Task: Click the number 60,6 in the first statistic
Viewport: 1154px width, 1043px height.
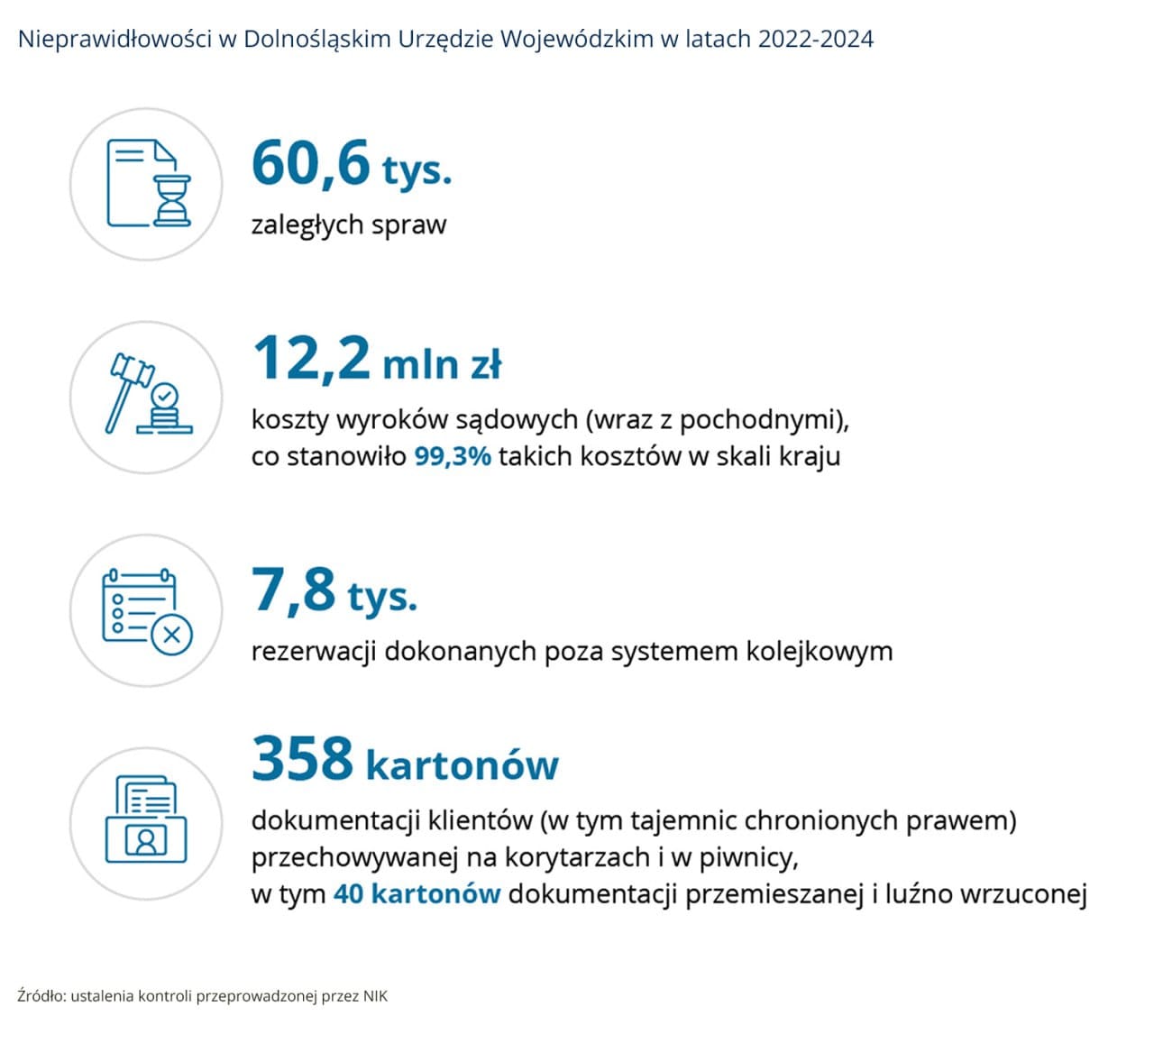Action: [x=310, y=164]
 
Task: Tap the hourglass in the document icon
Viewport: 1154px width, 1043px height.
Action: [x=171, y=200]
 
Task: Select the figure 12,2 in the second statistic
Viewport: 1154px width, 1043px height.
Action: [x=311, y=360]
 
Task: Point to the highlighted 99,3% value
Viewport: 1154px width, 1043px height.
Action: [x=453, y=456]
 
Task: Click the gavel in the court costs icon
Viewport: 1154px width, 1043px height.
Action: [x=129, y=391]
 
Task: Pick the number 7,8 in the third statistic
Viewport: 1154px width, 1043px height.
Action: [x=293, y=590]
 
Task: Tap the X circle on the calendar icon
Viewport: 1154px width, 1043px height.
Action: [x=171, y=636]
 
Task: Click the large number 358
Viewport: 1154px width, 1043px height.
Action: [x=302, y=758]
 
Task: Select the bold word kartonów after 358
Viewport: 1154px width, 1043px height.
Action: [x=462, y=764]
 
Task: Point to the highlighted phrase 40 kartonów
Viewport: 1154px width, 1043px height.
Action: [x=417, y=894]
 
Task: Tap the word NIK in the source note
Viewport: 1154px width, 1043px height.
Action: [x=375, y=996]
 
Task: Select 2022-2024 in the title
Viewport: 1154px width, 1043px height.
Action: [x=816, y=39]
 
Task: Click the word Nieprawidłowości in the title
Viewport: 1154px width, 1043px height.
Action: [x=115, y=40]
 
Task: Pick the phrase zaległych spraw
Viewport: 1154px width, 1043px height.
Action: [x=349, y=225]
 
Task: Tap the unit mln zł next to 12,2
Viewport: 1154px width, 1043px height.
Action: [x=442, y=364]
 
